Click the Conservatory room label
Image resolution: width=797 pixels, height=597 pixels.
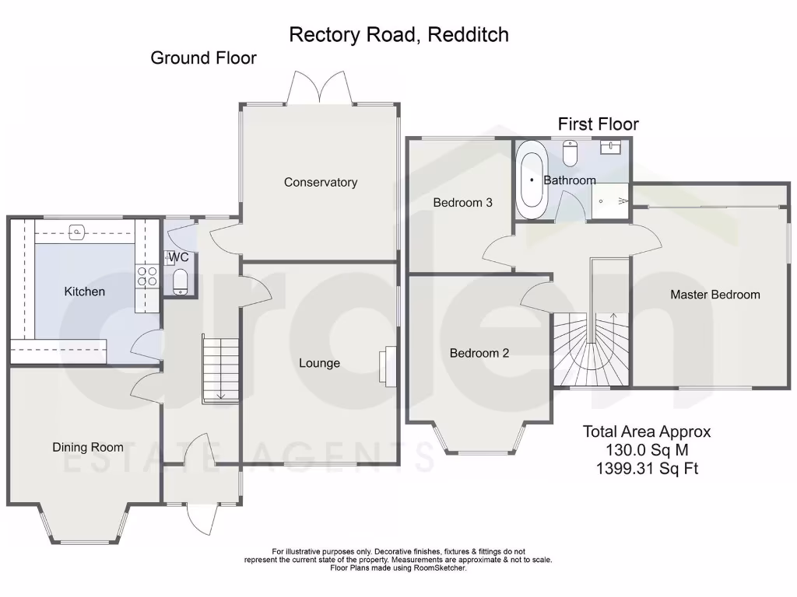point(320,183)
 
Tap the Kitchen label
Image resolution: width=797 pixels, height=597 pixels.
point(84,292)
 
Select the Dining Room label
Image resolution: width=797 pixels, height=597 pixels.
point(88,447)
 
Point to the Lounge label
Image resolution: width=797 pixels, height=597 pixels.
point(319,363)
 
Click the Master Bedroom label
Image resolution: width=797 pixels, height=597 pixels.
point(714,295)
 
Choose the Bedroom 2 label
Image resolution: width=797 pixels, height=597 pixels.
point(479,353)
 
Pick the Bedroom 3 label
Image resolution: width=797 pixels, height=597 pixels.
point(462,203)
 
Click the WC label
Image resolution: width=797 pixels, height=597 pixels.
point(178,257)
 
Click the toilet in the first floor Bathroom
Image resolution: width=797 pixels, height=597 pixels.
point(570,153)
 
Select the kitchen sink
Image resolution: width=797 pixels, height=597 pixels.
point(77,231)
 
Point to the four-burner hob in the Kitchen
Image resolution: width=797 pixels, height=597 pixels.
point(147,277)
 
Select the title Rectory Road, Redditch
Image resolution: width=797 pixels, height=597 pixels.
point(398,34)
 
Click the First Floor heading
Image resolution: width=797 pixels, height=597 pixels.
point(598,124)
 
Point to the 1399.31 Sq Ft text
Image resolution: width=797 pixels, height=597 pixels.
point(647,468)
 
